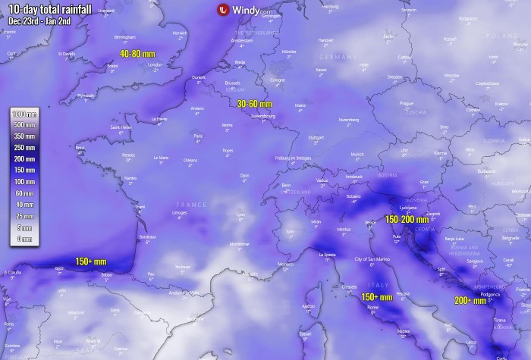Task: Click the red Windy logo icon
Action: (x=223, y=11)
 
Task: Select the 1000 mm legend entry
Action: (x=24, y=113)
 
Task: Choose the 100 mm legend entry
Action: (x=24, y=183)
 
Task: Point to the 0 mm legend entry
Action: (x=24, y=239)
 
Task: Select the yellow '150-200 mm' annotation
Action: (x=411, y=218)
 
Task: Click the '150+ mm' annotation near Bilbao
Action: (x=90, y=261)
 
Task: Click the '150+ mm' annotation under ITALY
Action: (x=376, y=297)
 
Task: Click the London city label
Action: (x=156, y=65)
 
